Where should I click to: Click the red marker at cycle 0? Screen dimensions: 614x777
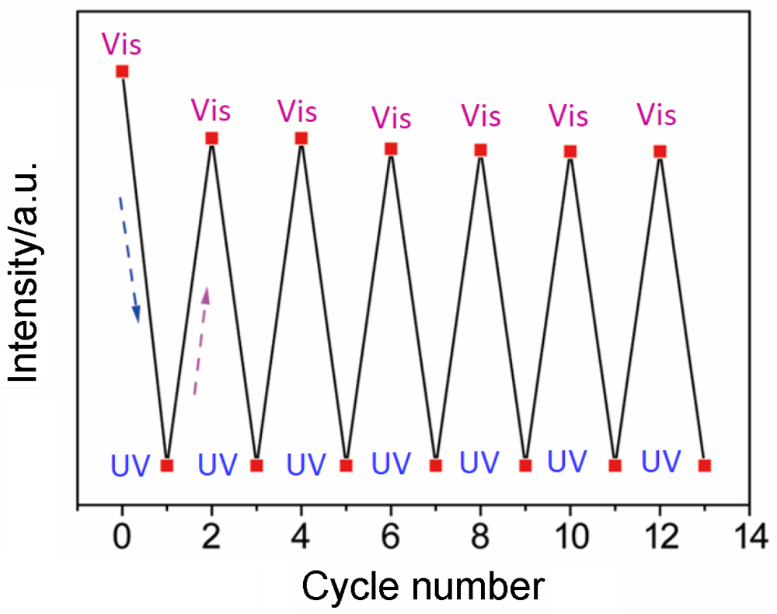point(122,72)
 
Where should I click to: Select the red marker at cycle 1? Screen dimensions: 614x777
point(166,466)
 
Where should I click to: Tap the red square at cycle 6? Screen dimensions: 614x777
point(391,148)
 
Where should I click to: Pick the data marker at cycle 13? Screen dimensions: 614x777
point(705,466)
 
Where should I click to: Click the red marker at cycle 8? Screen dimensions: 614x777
point(480,149)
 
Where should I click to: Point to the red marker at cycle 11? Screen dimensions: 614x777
point(615,466)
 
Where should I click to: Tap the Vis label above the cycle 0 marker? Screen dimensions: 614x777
point(121,44)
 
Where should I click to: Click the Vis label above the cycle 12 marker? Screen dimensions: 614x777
point(657,115)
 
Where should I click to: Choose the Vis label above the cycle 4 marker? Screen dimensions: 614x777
point(298,111)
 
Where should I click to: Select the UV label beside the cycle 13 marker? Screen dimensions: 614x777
point(661,460)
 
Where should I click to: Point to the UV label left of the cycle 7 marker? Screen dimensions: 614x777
point(391,464)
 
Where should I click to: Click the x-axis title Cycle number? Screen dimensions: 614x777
point(423,587)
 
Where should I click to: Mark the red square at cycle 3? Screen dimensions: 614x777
point(256,466)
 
